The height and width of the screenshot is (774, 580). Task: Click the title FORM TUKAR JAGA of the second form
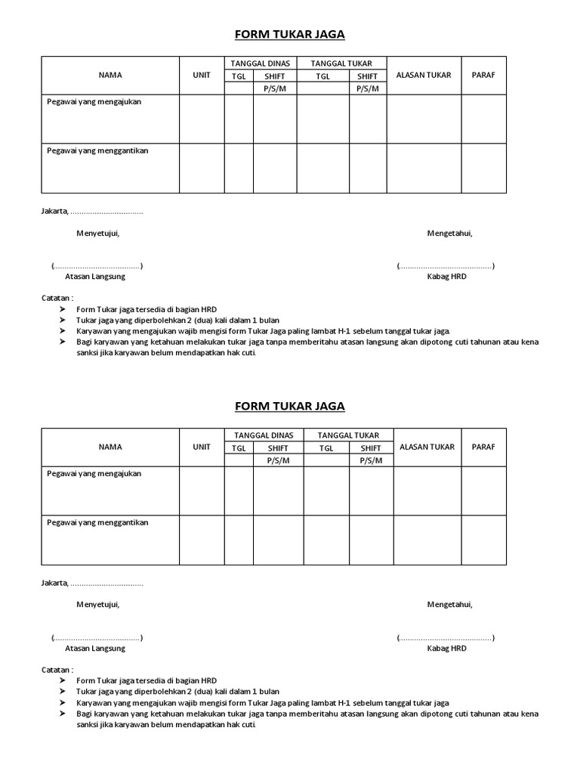click(x=290, y=406)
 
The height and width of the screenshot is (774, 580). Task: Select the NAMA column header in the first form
click(x=110, y=75)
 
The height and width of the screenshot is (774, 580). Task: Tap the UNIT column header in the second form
click(x=202, y=447)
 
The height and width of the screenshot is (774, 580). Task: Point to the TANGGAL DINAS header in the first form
click(x=260, y=63)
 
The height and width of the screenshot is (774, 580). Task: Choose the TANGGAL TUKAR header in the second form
click(x=348, y=435)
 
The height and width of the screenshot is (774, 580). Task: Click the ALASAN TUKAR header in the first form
click(x=424, y=75)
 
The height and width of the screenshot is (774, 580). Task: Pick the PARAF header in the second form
click(x=483, y=447)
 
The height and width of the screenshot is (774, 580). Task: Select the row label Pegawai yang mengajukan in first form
click(x=94, y=101)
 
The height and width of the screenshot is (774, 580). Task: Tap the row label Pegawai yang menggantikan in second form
click(x=97, y=522)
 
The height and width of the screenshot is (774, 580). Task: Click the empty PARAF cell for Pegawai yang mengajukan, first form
click(x=483, y=119)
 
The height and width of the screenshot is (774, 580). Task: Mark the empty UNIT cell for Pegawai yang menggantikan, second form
click(x=202, y=540)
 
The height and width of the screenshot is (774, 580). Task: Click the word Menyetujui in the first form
click(x=97, y=233)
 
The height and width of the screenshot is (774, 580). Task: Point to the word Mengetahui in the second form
click(x=450, y=604)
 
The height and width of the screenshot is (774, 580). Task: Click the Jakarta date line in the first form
click(x=91, y=211)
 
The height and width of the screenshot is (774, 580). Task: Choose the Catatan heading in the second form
click(x=57, y=670)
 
